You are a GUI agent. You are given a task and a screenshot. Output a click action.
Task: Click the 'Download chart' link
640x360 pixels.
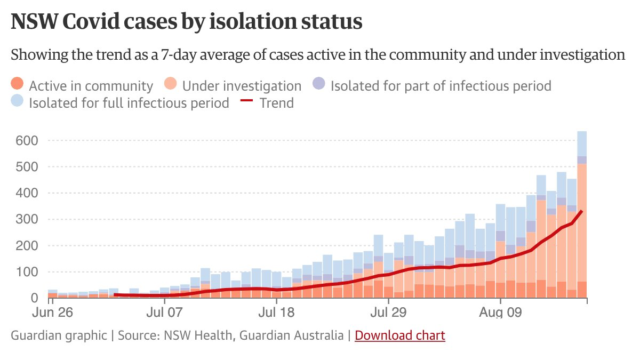(399, 335)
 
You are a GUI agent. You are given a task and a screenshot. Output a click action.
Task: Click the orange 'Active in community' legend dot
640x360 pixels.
(18, 85)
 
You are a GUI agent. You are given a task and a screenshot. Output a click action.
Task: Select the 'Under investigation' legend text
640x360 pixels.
(242, 86)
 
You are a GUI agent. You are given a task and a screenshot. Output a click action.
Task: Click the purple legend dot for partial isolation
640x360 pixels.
(318, 85)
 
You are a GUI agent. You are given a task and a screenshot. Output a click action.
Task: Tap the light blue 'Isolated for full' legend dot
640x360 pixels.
(18, 101)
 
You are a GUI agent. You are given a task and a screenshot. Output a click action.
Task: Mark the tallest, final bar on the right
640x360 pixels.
(581, 213)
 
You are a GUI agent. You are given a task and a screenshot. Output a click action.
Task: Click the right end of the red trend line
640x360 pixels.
(581, 212)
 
